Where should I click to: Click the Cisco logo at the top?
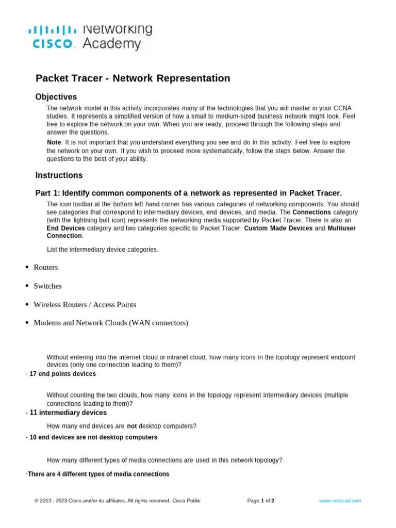[52, 37]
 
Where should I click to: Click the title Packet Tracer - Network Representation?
[133, 78]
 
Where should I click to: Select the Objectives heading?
[56, 97]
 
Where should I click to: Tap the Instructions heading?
[59, 175]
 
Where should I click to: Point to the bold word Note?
[54, 142]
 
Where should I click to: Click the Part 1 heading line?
[188, 193]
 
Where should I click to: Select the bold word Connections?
[311, 212]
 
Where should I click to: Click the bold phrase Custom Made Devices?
[278, 228]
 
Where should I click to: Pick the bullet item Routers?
[45, 267]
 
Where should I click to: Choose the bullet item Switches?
[47, 286]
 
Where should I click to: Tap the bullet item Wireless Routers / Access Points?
[85, 304]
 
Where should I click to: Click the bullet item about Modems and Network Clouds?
[111, 323]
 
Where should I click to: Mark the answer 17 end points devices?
[62, 374]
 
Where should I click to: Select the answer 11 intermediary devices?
[68, 413]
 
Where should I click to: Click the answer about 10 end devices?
[93, 437]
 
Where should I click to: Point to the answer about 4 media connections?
[98, 474]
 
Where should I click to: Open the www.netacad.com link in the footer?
[340, 501]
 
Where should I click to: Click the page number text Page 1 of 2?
[260, 501]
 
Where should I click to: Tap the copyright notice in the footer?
[118, 501]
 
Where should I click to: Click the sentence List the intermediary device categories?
[103, 250]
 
